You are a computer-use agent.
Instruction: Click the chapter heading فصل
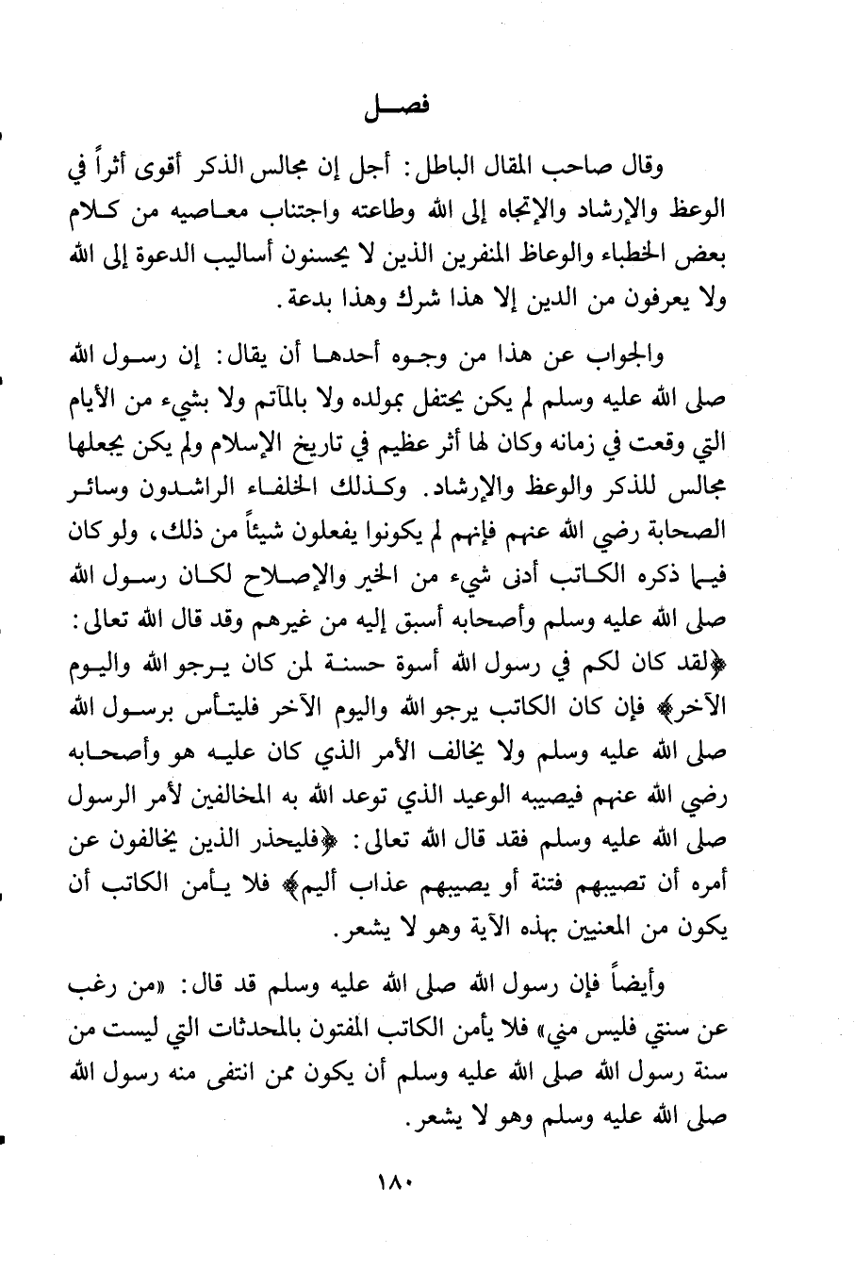coord(394,107)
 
